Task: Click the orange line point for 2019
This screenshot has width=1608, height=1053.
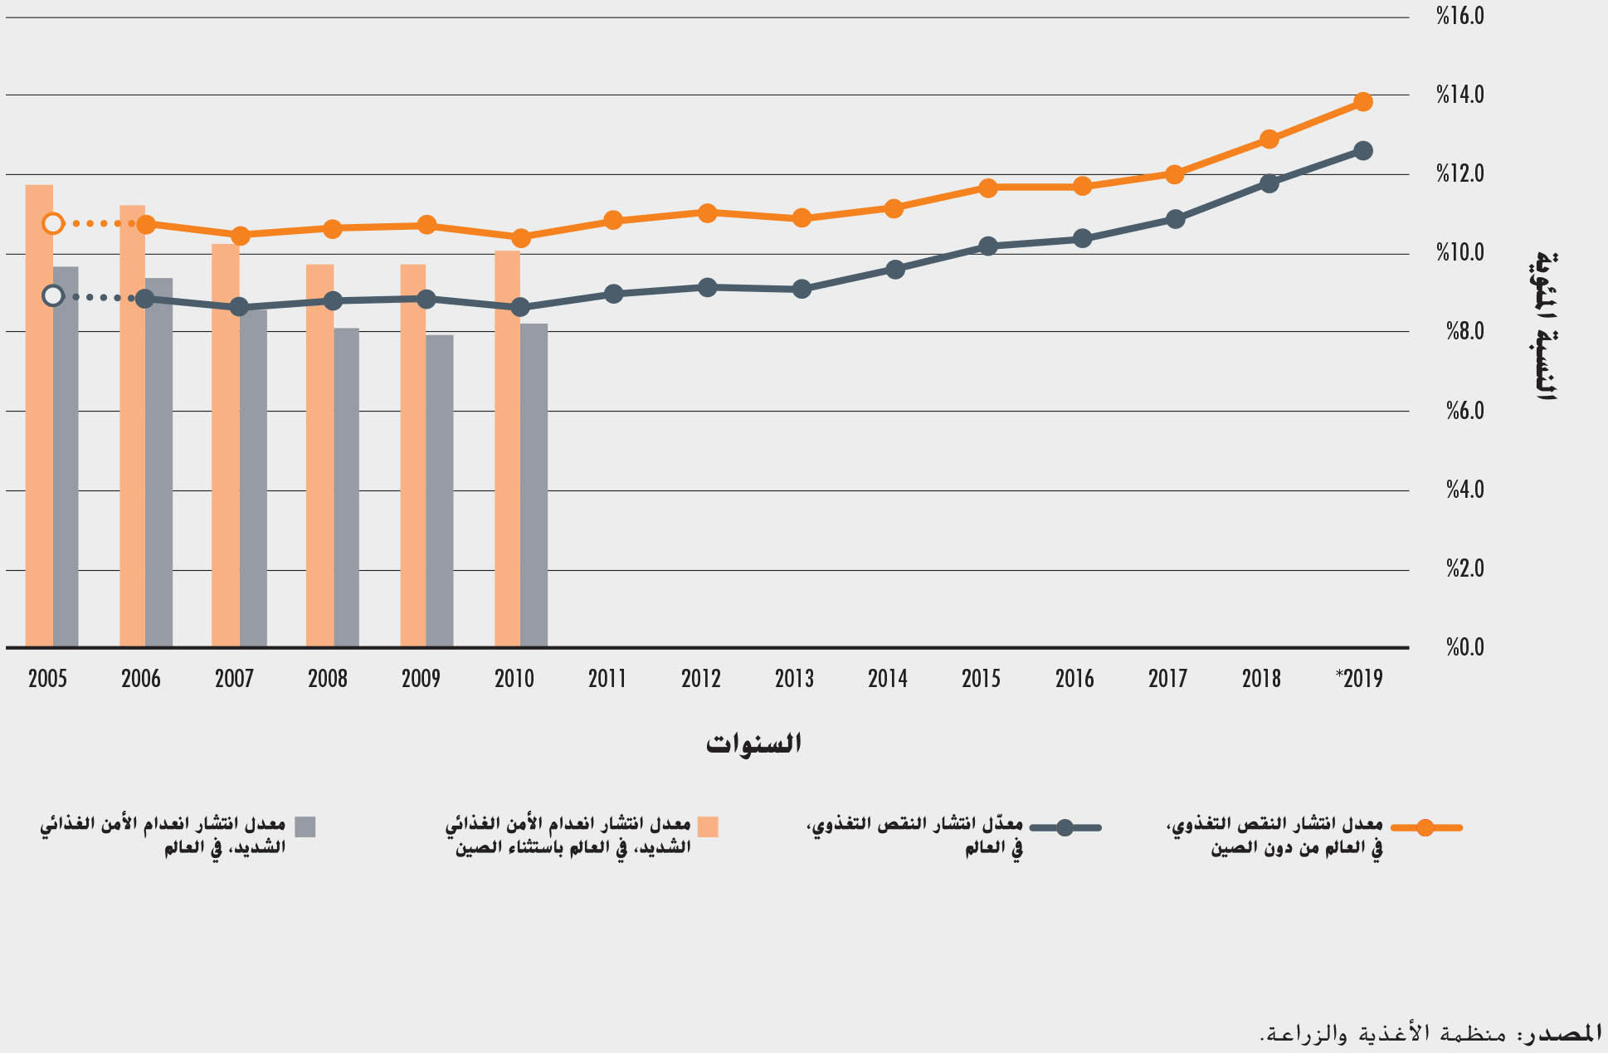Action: tap(1362, 102)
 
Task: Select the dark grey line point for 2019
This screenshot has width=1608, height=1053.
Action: tap(1362, 151)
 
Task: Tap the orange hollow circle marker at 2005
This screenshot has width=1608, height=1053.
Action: tap(53, 223)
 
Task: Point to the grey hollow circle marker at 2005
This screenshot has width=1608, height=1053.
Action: tap(53, 295)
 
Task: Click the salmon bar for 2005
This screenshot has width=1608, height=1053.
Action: tap(39, 415)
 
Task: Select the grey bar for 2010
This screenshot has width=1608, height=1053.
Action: tap(534, 485)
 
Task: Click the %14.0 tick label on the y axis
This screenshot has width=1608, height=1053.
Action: tap(1460, 95)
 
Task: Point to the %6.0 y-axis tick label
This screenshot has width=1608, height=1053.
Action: tap(1465, 411)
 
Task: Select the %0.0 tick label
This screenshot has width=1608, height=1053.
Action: tap(1465, 647)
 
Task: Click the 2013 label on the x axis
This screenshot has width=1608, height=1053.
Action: tap(794, 679)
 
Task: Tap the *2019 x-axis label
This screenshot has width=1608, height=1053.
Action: tap(1359, 679)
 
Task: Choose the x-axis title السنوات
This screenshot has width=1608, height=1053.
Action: tap(753, 743)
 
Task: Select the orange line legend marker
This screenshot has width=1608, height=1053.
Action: tap(1425, 827)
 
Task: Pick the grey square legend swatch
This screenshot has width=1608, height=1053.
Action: tap(305, 826)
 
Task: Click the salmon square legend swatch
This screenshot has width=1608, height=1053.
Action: tap(708, 826)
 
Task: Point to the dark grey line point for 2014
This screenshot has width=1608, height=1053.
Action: tap(894, 270)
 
